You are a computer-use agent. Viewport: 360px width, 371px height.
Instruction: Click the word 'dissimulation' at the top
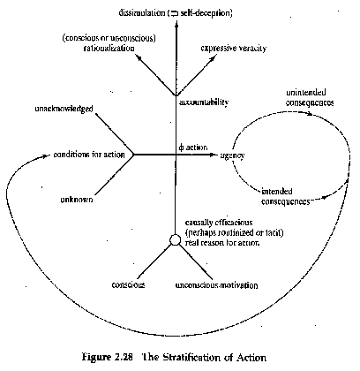point(142,13)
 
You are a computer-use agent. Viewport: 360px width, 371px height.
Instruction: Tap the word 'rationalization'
point(109,48)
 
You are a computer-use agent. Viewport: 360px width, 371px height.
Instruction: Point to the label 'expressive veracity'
point(234,49)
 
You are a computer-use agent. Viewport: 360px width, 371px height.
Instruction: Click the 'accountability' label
point(204,102)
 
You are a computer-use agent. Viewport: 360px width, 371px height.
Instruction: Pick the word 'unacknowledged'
point(64,109)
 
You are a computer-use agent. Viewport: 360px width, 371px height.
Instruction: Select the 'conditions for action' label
point(89,155)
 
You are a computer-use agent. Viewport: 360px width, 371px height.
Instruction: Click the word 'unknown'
point(77,200)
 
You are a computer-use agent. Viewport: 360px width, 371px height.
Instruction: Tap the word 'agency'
point(232,155)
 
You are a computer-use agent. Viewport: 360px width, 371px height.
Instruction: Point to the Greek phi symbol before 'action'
point(181,148)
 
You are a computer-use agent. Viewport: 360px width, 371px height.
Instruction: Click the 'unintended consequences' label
point(310,97)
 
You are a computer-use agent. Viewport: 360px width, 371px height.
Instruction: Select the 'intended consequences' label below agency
point(286,196)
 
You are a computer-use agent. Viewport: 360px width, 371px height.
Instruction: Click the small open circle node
point(175,239)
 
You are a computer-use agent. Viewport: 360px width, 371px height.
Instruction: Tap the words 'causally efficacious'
point(219,223)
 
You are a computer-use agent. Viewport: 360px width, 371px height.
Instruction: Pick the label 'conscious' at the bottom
point(128,285)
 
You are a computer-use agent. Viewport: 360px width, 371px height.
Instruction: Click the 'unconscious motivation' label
point(216,285)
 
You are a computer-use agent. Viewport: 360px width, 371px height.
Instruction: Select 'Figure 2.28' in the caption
point(101,358)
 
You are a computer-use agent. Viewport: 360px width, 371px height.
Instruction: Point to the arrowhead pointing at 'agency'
point(213,155)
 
